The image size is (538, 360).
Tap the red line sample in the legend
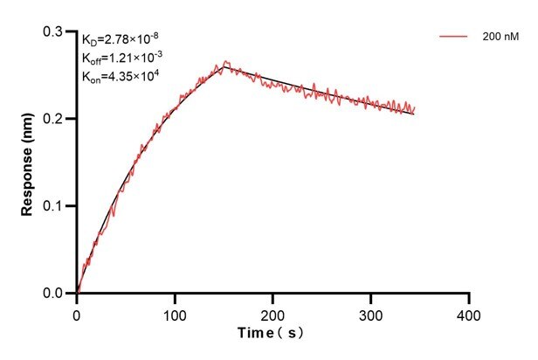[453, 37]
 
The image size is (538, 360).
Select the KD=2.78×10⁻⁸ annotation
[120, 39]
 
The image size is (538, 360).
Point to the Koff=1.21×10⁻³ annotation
[121, 58]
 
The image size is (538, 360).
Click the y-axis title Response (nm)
[29, 163]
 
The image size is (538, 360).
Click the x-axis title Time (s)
[272, 333]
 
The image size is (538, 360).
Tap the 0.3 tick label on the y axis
[55, 31]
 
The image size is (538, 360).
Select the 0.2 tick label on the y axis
[55, 119]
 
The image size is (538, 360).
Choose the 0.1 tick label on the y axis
[55, 206]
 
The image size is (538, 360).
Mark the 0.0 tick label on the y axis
[55, 294]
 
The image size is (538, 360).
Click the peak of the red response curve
[225, 61]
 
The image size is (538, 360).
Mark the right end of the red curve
[415, 108]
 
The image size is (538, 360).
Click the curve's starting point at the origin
[77, 293]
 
